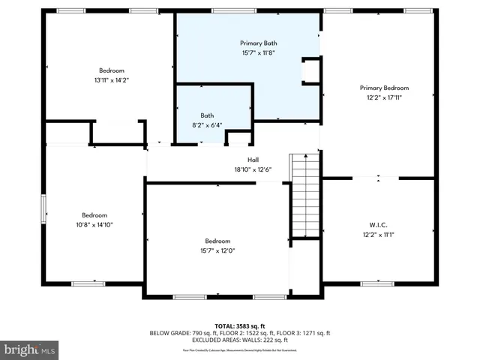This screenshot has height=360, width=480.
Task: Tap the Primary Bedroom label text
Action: tap(379, 86)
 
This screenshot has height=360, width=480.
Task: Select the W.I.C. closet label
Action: tap(378, 225)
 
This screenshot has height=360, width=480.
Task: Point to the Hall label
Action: tap(253, 160)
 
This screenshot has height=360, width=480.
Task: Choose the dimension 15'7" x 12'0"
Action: tap(217, 251)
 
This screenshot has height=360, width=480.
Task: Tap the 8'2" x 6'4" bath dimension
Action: tap(206, 125)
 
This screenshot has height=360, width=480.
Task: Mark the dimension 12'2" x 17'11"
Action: tap(379, 97)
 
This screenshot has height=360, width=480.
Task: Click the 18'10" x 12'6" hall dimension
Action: tap(253, 169)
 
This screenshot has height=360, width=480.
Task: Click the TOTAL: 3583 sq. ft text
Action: tap(239, 325)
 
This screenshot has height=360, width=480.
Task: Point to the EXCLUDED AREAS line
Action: tap(239, 340)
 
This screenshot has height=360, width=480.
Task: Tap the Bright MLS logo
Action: tap(30, 349)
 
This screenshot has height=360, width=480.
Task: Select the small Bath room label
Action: tap(206, 115)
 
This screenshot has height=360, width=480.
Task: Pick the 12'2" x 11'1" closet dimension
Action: tap(378, 235)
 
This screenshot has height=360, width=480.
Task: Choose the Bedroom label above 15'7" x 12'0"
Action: tap(217, 241)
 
